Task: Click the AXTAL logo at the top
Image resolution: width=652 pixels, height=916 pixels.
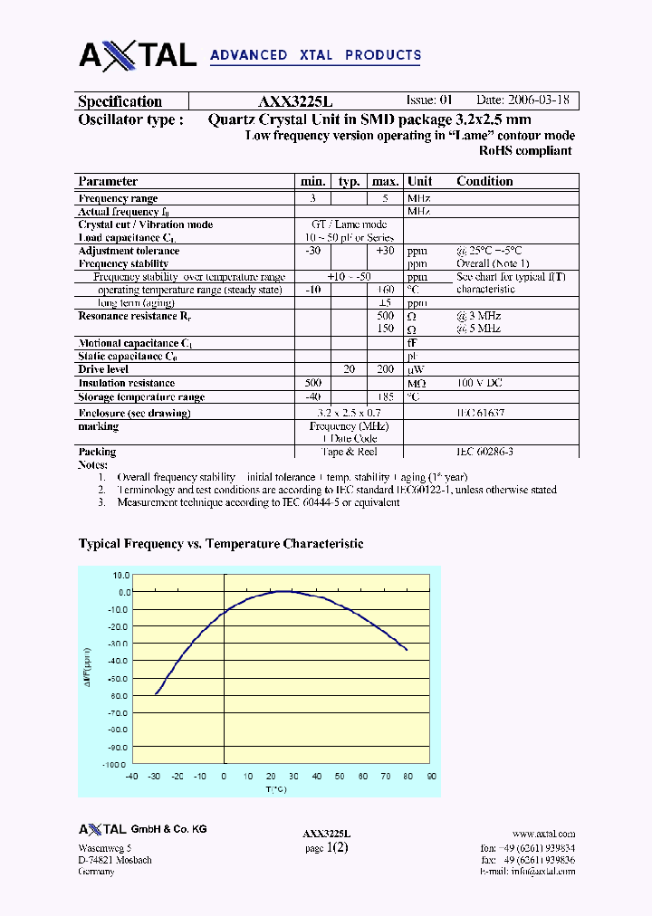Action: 138,54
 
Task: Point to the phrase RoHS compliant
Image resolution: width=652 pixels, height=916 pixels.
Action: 524,151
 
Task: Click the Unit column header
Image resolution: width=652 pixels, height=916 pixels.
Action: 420,181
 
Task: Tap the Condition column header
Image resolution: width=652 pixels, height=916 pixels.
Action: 484,181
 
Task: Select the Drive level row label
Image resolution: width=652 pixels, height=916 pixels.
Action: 103,369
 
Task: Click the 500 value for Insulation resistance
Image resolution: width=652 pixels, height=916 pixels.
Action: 313,383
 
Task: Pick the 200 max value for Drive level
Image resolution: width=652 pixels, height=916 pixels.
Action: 385,369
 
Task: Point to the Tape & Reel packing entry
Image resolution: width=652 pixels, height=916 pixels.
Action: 349,452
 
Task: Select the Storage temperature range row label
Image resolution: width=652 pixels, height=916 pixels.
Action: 141,396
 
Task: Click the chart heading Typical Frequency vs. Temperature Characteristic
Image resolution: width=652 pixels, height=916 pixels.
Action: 221,544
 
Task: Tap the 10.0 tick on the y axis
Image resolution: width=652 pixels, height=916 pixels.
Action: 121,575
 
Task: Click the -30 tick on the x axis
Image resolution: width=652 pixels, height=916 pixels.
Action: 154,777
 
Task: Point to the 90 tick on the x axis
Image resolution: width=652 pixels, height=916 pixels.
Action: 431,777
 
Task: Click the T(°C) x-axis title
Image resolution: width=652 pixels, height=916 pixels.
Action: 276,789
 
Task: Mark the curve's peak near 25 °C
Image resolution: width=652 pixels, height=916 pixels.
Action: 283,591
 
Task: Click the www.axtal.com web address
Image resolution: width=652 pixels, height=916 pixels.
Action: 543,834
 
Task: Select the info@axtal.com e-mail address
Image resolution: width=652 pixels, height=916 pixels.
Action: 542,872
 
